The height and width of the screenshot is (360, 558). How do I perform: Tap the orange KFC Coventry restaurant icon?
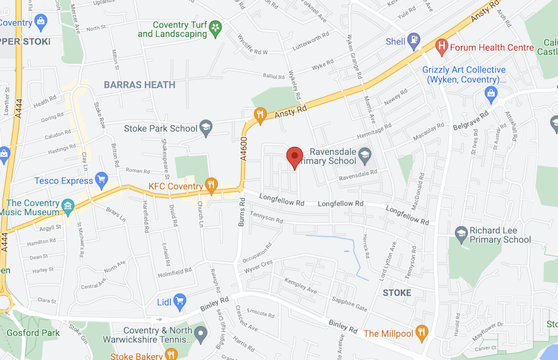pos(211,186)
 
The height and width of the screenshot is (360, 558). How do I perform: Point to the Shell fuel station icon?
pos(414,41)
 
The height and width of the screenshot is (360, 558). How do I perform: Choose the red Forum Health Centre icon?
pos(442,46)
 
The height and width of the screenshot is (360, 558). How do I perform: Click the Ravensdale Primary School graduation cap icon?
pos(364,156)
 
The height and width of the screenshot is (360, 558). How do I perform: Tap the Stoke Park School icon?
pos(206,128)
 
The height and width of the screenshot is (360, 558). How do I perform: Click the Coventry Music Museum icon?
pos(68,208)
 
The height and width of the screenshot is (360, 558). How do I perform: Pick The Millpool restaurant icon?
pos(421,333)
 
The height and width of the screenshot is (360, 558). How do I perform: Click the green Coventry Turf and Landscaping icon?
pos(215,28)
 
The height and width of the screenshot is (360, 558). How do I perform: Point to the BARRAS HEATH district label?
pos(139,85)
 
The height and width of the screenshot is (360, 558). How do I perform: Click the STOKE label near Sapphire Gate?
pos(397,292)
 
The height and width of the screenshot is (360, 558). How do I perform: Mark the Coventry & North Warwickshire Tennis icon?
pos(202,335)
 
